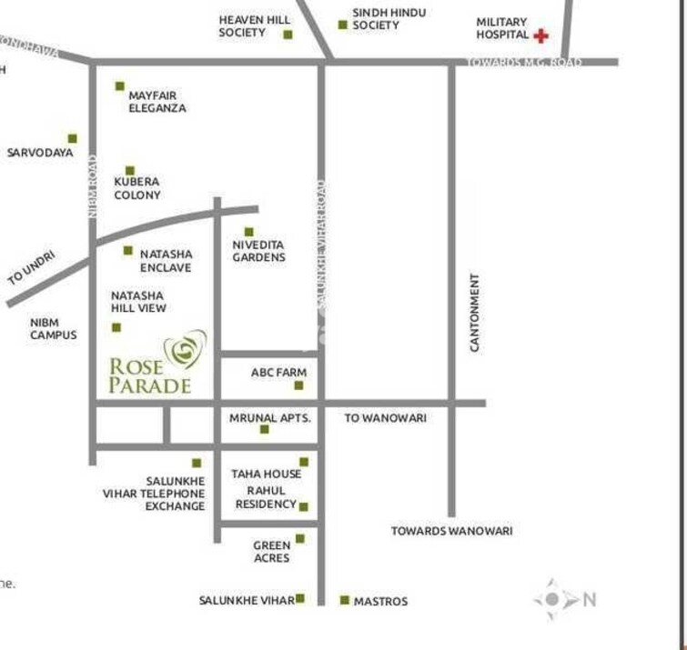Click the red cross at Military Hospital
pos(541,35)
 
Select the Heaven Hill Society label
pos(242,25)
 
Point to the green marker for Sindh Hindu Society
pos(343,25)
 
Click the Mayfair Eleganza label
pos(157,101)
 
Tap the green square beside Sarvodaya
pos(73,139)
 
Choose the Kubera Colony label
pos(137,188)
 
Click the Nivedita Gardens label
pos(258,251)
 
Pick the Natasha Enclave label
pos(166,261)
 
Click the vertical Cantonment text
pos(474,312)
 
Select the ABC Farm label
pos(278,373)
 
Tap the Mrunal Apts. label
pos(270,418)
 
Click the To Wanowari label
pos(385,418)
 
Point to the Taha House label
pos(266,474)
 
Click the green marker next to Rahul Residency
pos(304,506)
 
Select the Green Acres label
pos(271,552)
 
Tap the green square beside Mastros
pos(345,600)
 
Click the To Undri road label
pos(33,270)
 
